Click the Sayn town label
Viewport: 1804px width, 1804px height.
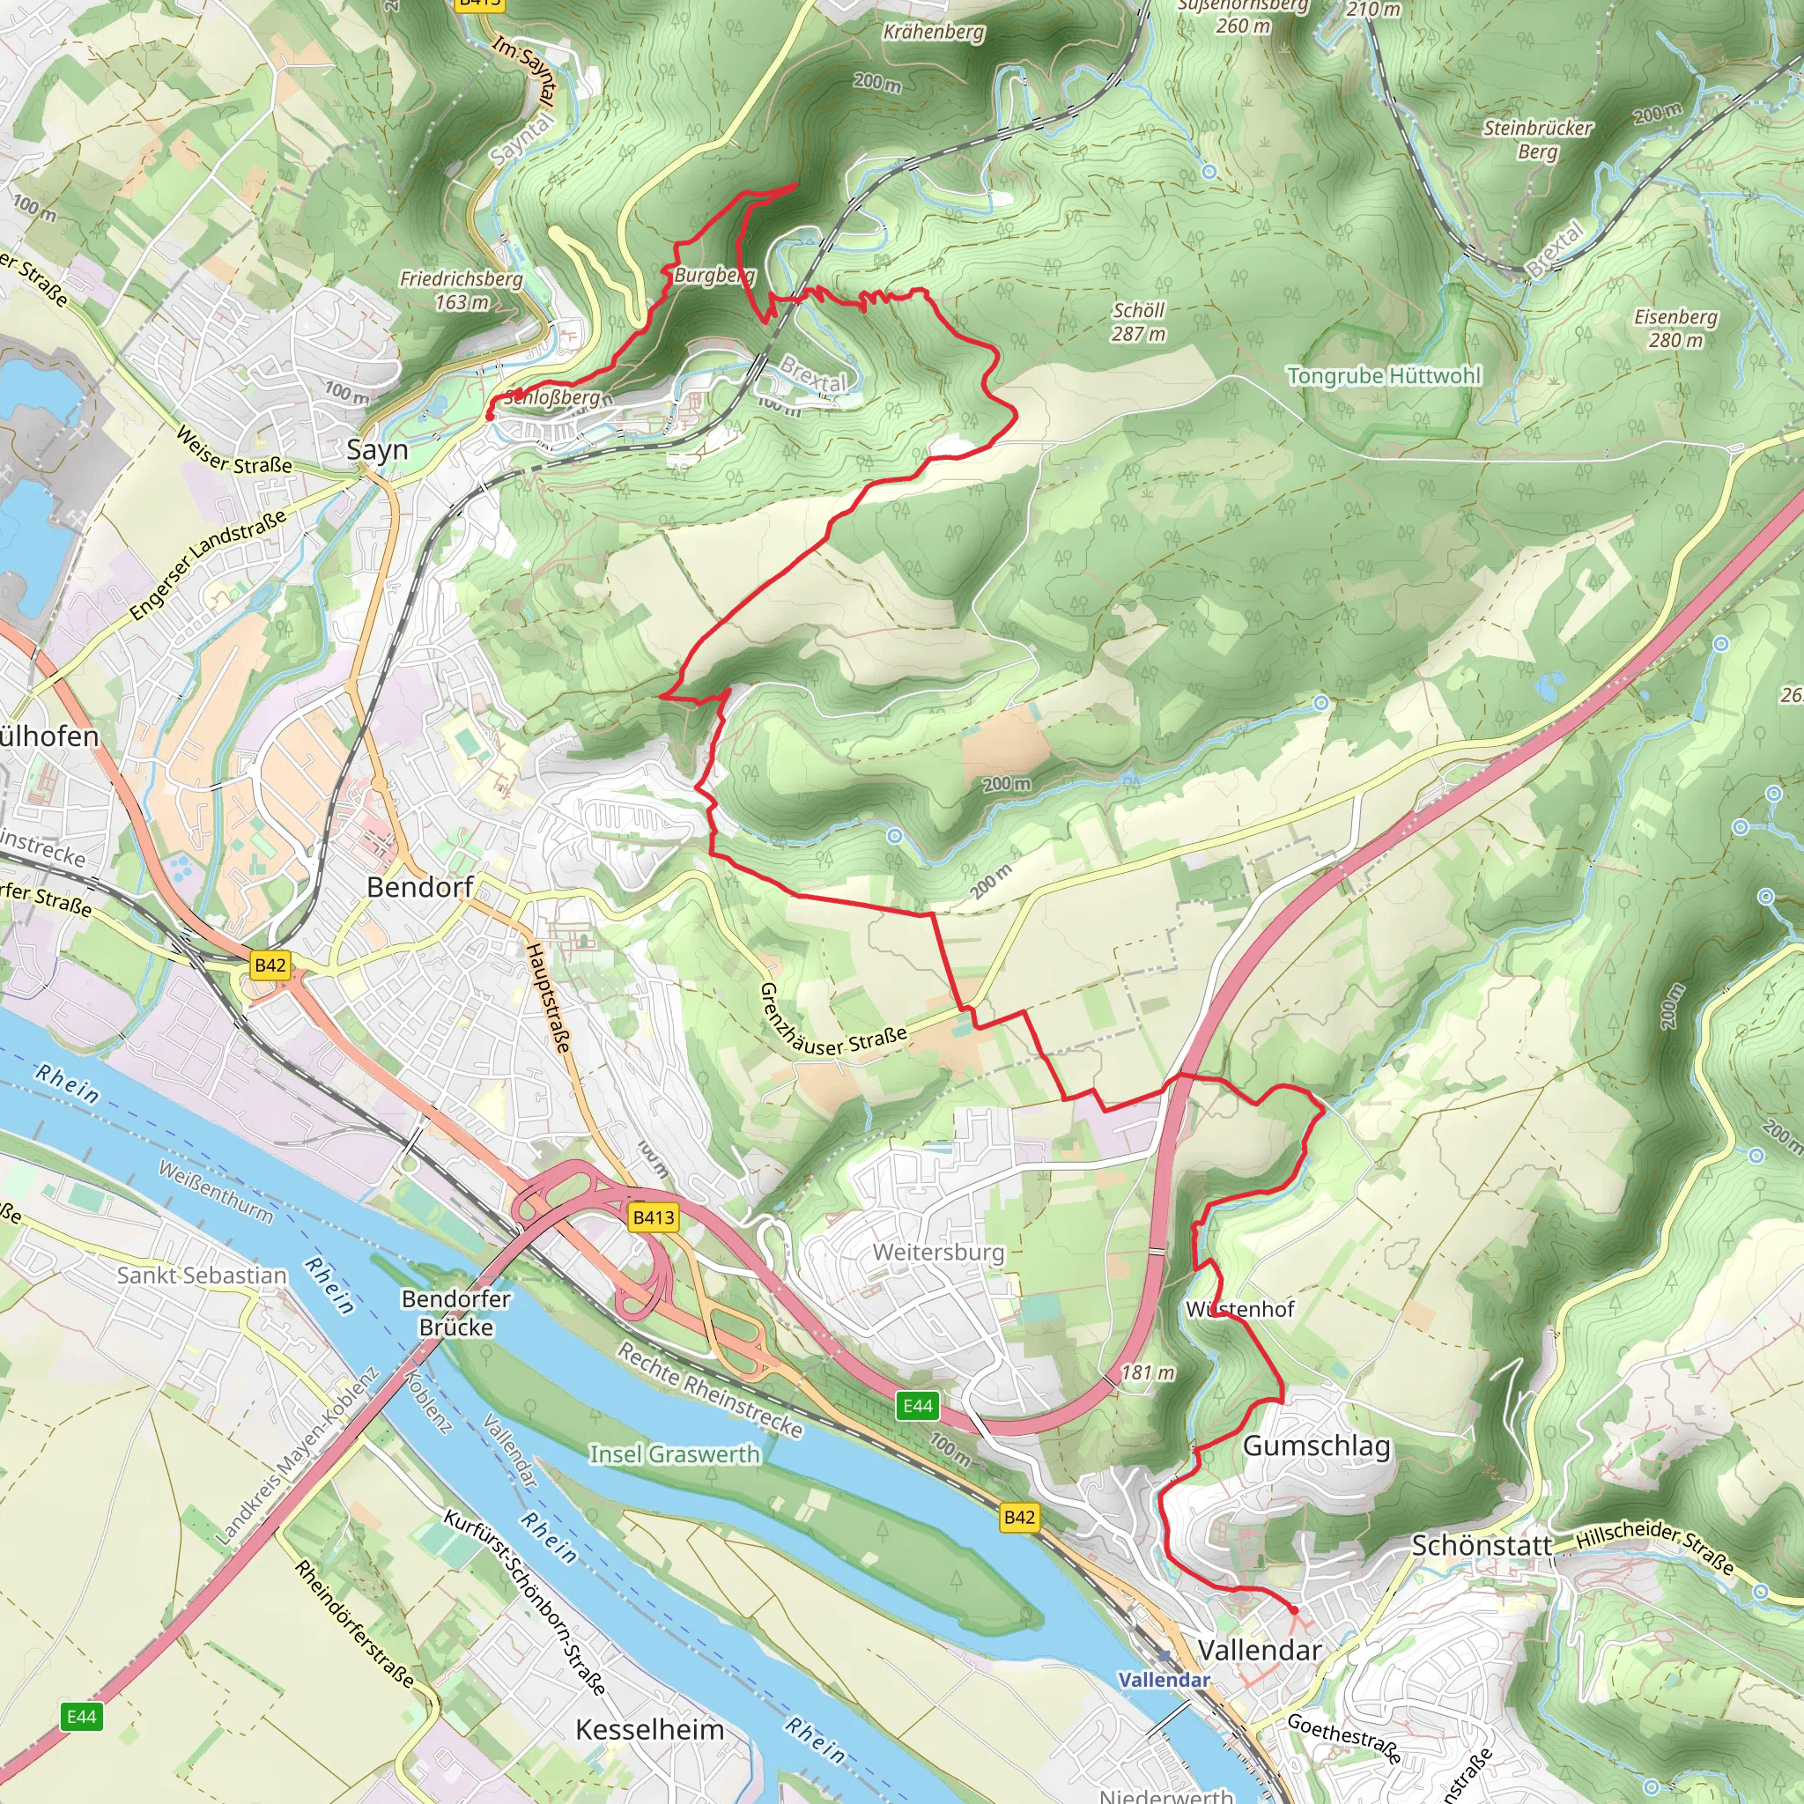(x=377, y=449)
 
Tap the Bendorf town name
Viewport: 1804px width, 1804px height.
(x=419, y=886)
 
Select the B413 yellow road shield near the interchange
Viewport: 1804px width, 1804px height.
(x=653, y=1216)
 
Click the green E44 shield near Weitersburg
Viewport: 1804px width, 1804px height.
(x=917, y=1405)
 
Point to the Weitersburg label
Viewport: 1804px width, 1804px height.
(x=937, y=1253)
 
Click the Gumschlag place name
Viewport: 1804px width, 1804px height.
(x=1317, y=1445)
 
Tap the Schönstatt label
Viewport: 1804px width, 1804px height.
(x=1481, y=1545)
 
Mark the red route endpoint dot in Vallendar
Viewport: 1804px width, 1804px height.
(x=1293, y=1611)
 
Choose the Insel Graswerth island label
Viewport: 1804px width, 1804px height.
(x=674, y=1453)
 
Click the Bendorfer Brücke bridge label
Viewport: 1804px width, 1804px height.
(x=455, y=1312)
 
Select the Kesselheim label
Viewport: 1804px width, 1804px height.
(x=649, y=1729)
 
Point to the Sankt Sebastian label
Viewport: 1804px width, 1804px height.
(x=202, y=1275)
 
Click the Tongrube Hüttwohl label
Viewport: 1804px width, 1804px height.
(x=1384, y=375)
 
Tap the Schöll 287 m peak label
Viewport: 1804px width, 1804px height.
(x=1138, y=322)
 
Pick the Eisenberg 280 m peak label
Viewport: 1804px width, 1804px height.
(x=1675, y=328)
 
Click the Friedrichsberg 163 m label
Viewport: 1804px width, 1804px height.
(x=462, y=290)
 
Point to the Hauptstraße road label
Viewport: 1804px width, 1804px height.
(x=548, y=997)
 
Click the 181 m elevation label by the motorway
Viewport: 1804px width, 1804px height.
(x=1148, y=1371)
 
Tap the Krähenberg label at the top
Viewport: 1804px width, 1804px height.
(x=933, y=32)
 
